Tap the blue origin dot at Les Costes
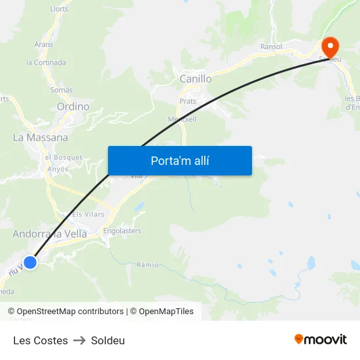point(29,262)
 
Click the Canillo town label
point(195,79)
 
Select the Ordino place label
point(73,106)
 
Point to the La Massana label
point(41,137)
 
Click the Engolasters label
point(122,231)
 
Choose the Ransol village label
point(271,46)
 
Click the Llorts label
point(59,9)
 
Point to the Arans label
point(44,45)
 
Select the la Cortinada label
point(46,63)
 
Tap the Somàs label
point(62,90)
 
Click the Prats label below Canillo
point(188,101)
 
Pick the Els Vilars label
point(88,214)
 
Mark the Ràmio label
point(148,265)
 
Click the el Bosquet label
point(63,157)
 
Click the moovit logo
point(321,340)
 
